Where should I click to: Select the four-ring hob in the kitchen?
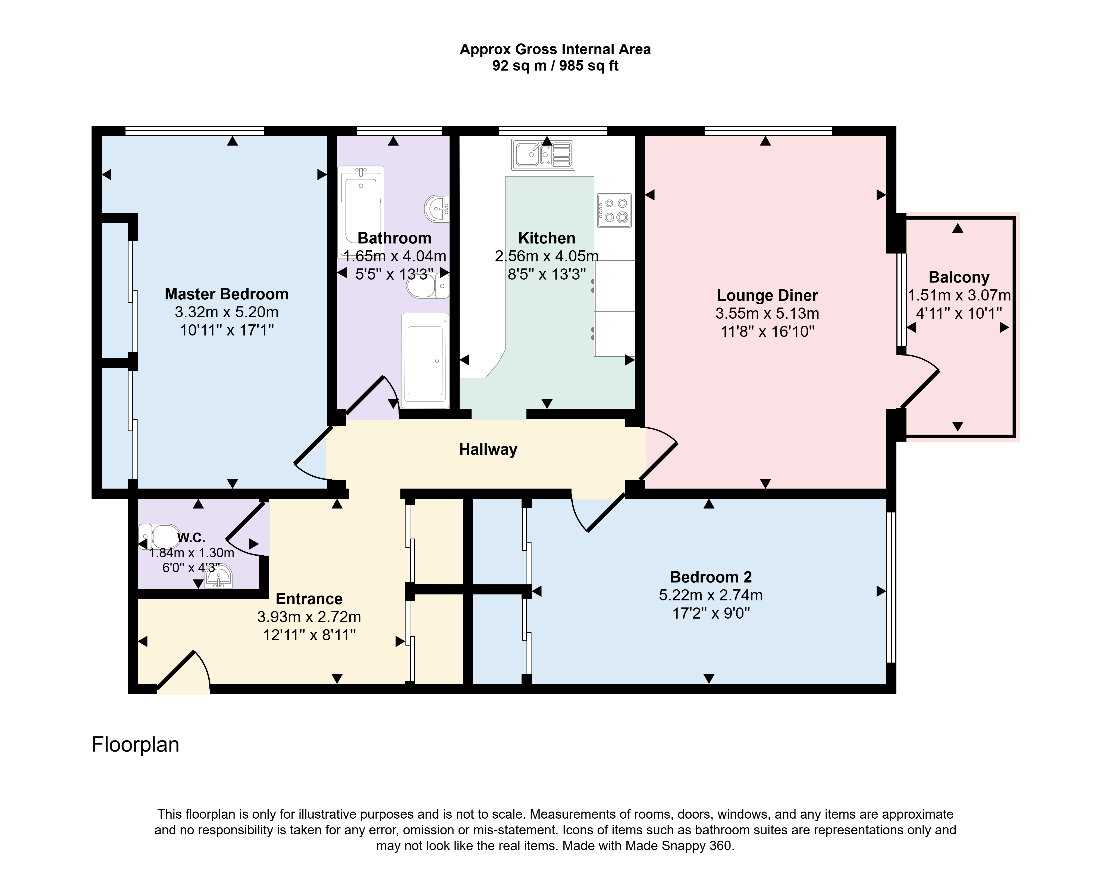(614, 210)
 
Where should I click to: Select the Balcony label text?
(959, 277)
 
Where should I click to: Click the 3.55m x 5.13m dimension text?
(767, 313)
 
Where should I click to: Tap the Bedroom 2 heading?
(711, 577)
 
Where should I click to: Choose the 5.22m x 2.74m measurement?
(711, 595)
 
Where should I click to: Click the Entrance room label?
(309, 599)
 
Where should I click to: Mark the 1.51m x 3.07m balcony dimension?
(959, 295)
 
